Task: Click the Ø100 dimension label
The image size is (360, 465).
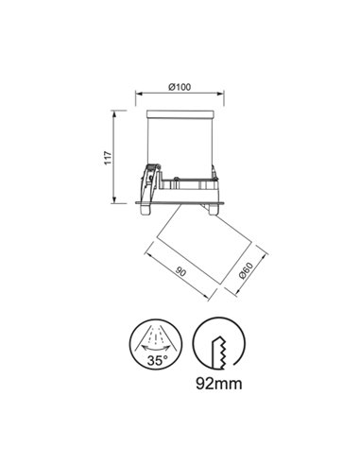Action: pyautogui.click(x=180, y=87)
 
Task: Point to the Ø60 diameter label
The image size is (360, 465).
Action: pyautogui.click(x=244, y=271)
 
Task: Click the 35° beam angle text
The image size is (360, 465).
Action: pyautogui.click(x=157, y=360)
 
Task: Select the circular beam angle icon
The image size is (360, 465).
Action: pyautogui.click(x=157, y=345)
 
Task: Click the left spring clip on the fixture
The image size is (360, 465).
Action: pyautogui.click(x=148, y=181)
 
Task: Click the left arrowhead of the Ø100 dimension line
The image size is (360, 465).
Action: pyautogui.click(x=139, y=94)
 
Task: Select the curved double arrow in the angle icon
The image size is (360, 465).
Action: pyautogui.click(x=157, y=348)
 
